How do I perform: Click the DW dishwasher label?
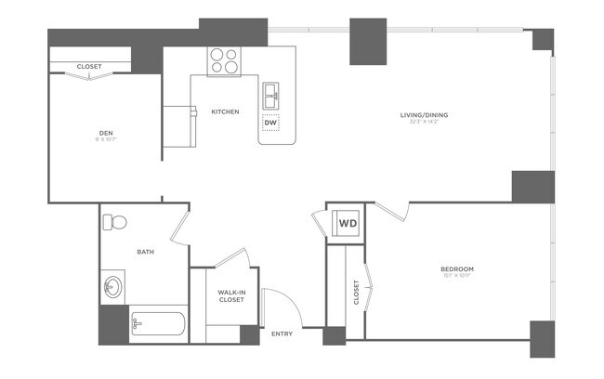pyautogui.click(x=270, y=123)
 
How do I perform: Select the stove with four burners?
pyautogui.click(x=223, y=60)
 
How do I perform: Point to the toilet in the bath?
pyautogui.click(x=114, y=223)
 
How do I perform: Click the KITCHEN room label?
pyautogui.click(x=225, y=111)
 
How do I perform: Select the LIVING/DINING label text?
pyautogui.click(x=424, y=115)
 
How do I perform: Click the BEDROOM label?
pyautogui.click(x=457, y=269)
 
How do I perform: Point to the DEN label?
pyautogui.click(x=106, y=134)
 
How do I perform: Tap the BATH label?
pyautogui.click(x=145, y=252)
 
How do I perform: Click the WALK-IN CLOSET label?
pyautogui.click(x=231, y=295)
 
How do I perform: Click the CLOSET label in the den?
pyautogui.click(x=89, y=67)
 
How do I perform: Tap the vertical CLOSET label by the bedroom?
pyautogui.click(x=357, y=293)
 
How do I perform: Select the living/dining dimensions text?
pyautogui.click(x=424, y=124)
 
